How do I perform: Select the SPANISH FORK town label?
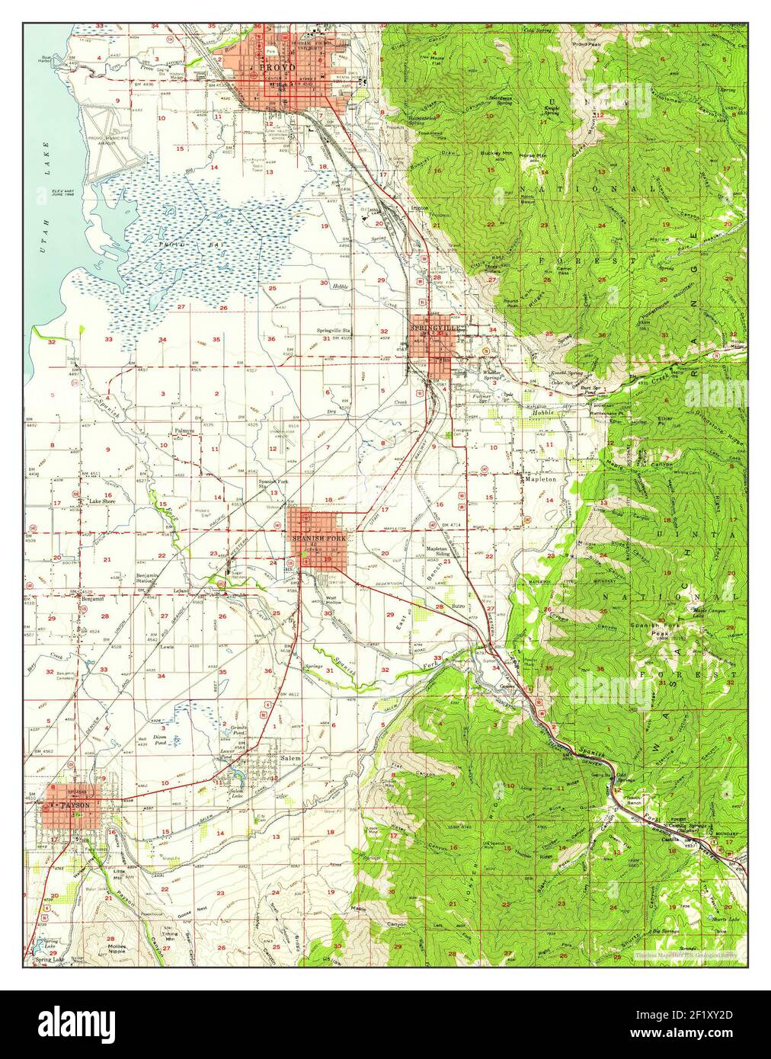point(319,538)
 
